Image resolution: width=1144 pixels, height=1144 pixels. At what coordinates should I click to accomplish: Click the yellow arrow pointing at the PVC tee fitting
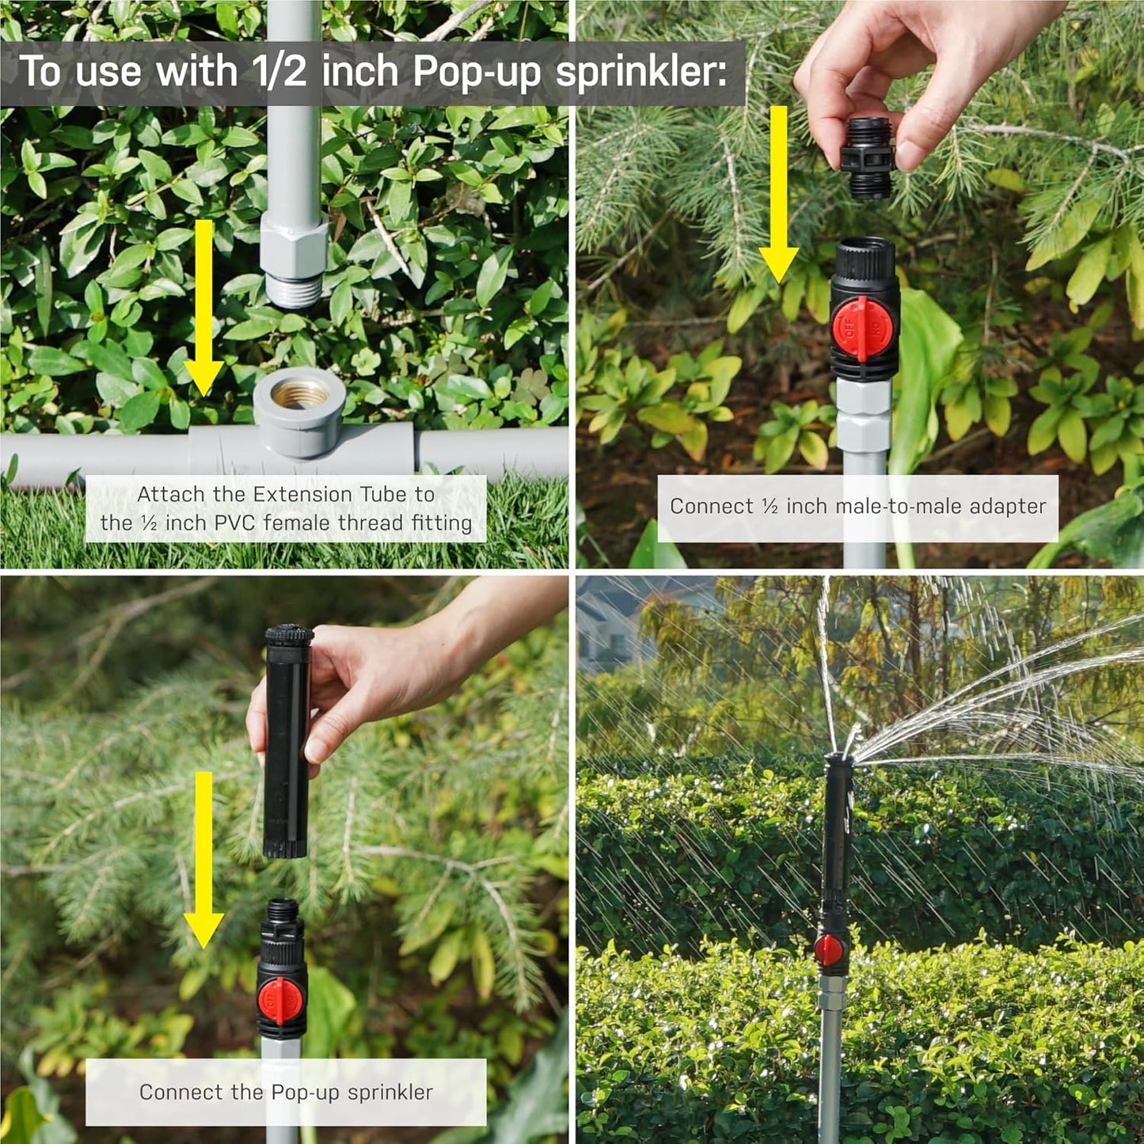tap(203, 309)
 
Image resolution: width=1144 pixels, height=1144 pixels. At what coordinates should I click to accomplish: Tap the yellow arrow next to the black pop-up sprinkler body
tap(203, 859)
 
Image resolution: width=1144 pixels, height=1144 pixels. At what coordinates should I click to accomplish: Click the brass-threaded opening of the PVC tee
tap(300, 393)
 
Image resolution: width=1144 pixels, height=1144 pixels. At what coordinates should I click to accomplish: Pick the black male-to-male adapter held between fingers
tap(868, 158)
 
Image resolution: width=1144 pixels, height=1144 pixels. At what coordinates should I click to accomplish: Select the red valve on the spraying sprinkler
tap(829, 949)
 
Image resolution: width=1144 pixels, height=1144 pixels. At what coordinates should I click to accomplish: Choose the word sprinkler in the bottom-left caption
tap(390, 1093)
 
